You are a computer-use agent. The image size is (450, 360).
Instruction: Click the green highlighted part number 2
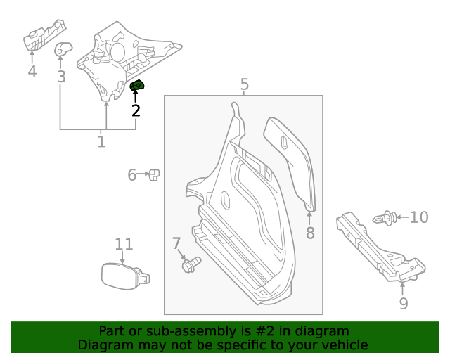(x=137, y=86)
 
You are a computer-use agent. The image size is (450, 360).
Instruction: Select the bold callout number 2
(x=136, y=110)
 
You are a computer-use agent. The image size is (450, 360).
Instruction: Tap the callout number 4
(x=32, y=72)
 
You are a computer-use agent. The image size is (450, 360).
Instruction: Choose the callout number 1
(x=101, y=142)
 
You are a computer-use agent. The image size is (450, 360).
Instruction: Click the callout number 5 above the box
(x=244, y=85)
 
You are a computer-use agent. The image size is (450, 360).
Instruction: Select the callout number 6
(x=131, y=174)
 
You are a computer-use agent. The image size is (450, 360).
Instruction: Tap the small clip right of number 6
(x=155, y=174)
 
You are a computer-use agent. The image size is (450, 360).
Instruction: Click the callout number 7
(x=176, y=243)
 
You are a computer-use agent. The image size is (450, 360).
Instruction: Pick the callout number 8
(x=310, y=233)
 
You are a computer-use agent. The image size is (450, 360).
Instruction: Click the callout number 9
(x=403, y=303)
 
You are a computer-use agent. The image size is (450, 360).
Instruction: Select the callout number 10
(x=419, y=217)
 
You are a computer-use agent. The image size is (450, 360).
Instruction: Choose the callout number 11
(x=124, y=244)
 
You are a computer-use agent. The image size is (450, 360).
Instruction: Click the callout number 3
(x=61, y=76)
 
